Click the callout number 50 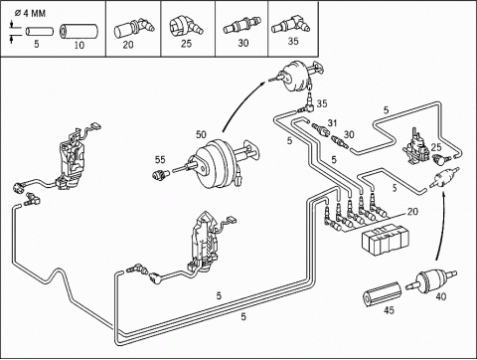(x=201, y=134)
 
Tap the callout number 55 (x=160, y=160)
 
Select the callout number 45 (x=390, y=310)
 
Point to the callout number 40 (x=440, y=296)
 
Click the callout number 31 (x=332, y=123)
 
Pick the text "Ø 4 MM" (x=30, y=14)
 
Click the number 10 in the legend (x=79, y=45)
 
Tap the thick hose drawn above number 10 (x=79, y=31)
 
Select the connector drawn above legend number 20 (x=134, y=29)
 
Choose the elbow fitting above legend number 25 (x=186, y=28)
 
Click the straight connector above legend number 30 (x=240, y=27)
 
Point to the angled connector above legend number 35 (x=290, y=25)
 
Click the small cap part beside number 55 (x=161, y=174)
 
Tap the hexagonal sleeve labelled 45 (x=382, y=294)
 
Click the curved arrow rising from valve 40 (x=442, y=226)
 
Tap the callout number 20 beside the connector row (x=412, y=211)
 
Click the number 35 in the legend (x=293, y=42)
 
